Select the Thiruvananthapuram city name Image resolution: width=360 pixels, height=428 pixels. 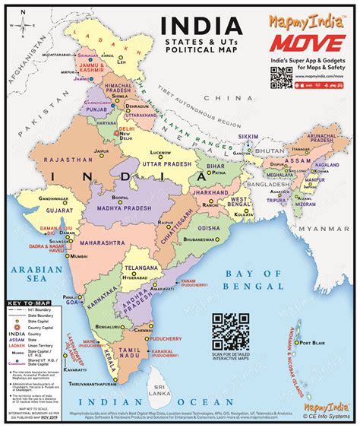coord(115,384)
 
